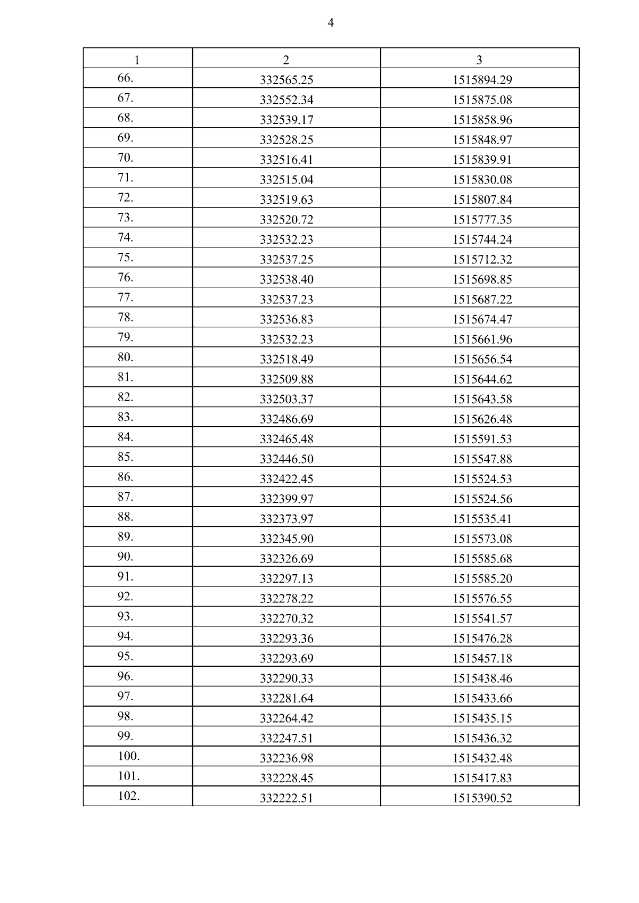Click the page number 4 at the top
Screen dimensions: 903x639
(x=330, y=23)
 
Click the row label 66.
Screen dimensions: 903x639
(x=125, y=78)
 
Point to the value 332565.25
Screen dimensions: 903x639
(x=286, y=80)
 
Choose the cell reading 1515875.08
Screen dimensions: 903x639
(x=482, y=100)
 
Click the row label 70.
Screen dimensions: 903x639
(x=125, y=158)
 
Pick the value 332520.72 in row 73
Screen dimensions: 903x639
(x=286, y=220)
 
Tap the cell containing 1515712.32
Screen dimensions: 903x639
(x=482, y=260)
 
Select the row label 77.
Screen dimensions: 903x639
(x=125, y=297)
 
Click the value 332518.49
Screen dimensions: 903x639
(x=286, y=360)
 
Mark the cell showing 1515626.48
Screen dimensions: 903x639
(x=482, y=419)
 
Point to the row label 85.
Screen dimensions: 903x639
(x=125, y=457)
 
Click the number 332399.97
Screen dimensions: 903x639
(x=286, y=499)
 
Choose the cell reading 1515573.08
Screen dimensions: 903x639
(x=482, y=539)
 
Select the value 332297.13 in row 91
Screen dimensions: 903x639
(x=286, y=579)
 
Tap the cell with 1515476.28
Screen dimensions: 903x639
(x=482, y=639)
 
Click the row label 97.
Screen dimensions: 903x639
(x=125, y=697)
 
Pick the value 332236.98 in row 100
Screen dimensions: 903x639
(x=286, y=758)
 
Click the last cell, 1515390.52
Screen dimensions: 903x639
(x=482, y=798)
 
